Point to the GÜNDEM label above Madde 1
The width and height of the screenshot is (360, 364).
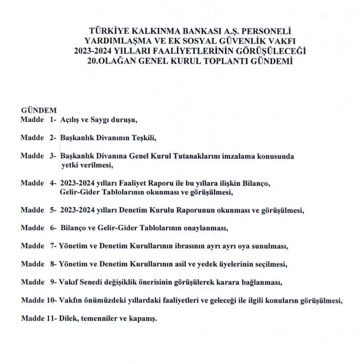click(35, 110)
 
